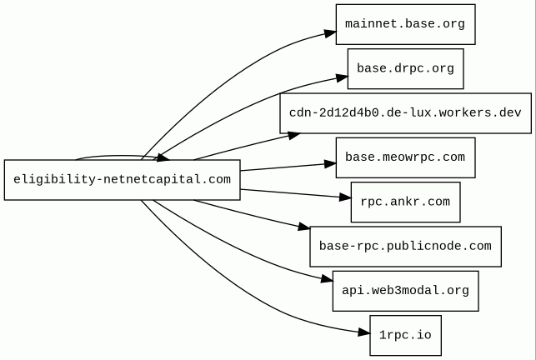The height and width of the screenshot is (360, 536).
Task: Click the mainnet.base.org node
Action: coord(405,24)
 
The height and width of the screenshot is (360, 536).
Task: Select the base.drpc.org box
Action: coord(405,68)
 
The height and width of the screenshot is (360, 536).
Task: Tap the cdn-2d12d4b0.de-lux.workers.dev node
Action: coord(405,113)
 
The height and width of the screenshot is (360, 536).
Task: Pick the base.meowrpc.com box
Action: coord(405,157)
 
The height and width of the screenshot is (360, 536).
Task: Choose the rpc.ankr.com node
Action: coord(405,202)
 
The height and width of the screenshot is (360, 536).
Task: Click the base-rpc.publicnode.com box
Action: coord(405,247)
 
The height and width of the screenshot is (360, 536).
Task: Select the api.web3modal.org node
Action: coord(405,291)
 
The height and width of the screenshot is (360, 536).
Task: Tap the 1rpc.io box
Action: coord(405,335)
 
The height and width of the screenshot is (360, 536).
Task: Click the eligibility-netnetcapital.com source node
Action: coord(122,179)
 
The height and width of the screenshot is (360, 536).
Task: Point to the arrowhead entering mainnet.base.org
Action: coord(331,33)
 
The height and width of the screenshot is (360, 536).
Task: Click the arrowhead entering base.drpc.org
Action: coord(342,78)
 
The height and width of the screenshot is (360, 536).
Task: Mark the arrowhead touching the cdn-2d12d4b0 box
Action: coord(294,135)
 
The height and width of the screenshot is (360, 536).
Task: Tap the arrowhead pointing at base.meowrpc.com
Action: coord(330,164)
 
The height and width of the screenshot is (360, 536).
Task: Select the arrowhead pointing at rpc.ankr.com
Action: coord(345,197)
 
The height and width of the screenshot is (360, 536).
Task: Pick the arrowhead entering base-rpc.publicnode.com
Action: coord(304,227)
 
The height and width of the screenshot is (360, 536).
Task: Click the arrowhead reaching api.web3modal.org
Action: coord(327,280)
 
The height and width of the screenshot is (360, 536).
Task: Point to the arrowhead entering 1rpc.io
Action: coord(364,332)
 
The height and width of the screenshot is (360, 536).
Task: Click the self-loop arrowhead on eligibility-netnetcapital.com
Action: coord(163,158)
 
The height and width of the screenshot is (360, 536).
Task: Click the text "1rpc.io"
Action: coord(405,335)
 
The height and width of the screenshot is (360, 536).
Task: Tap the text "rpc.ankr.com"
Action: coord(405,202)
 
